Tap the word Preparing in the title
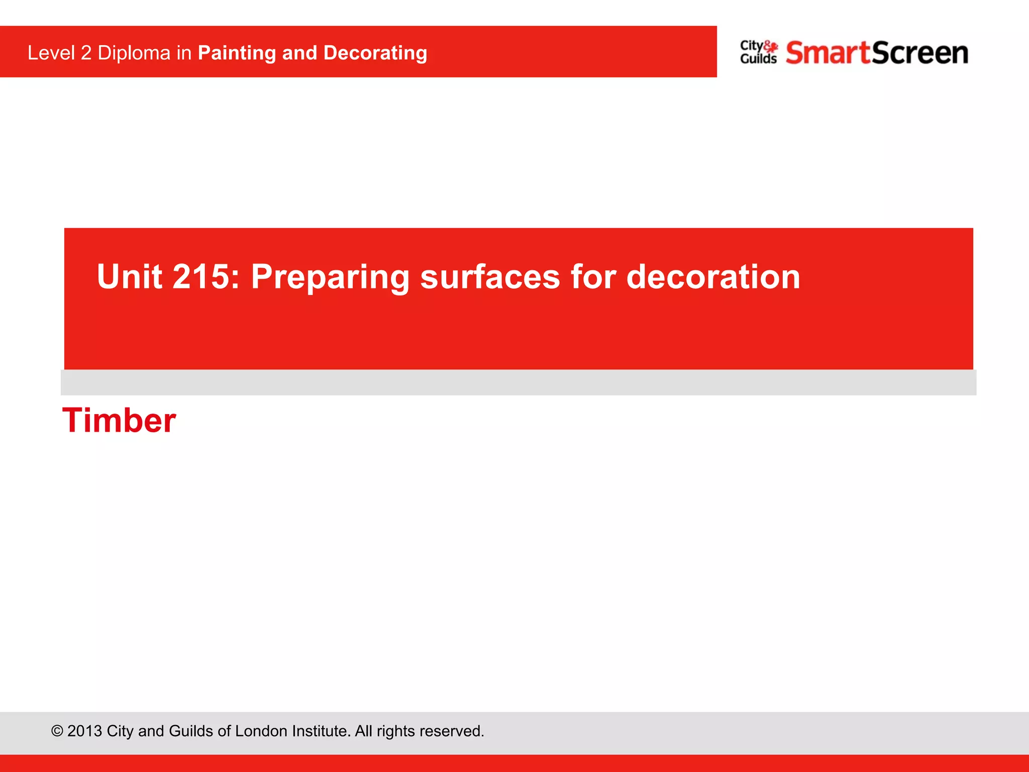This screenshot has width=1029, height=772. click(330, 277)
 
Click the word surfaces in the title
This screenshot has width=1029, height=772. click(490, 277)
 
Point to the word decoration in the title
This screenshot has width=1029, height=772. click(713, 277)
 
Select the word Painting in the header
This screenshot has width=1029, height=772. click(237, 53)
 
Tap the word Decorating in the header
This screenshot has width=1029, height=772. click(375, 53)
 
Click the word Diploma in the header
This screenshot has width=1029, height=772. click(134, 53)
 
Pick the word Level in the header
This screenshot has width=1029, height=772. click(51, 53)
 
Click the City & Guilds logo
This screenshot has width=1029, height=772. click(759, 52)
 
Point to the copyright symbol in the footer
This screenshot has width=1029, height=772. click(57, 731)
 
